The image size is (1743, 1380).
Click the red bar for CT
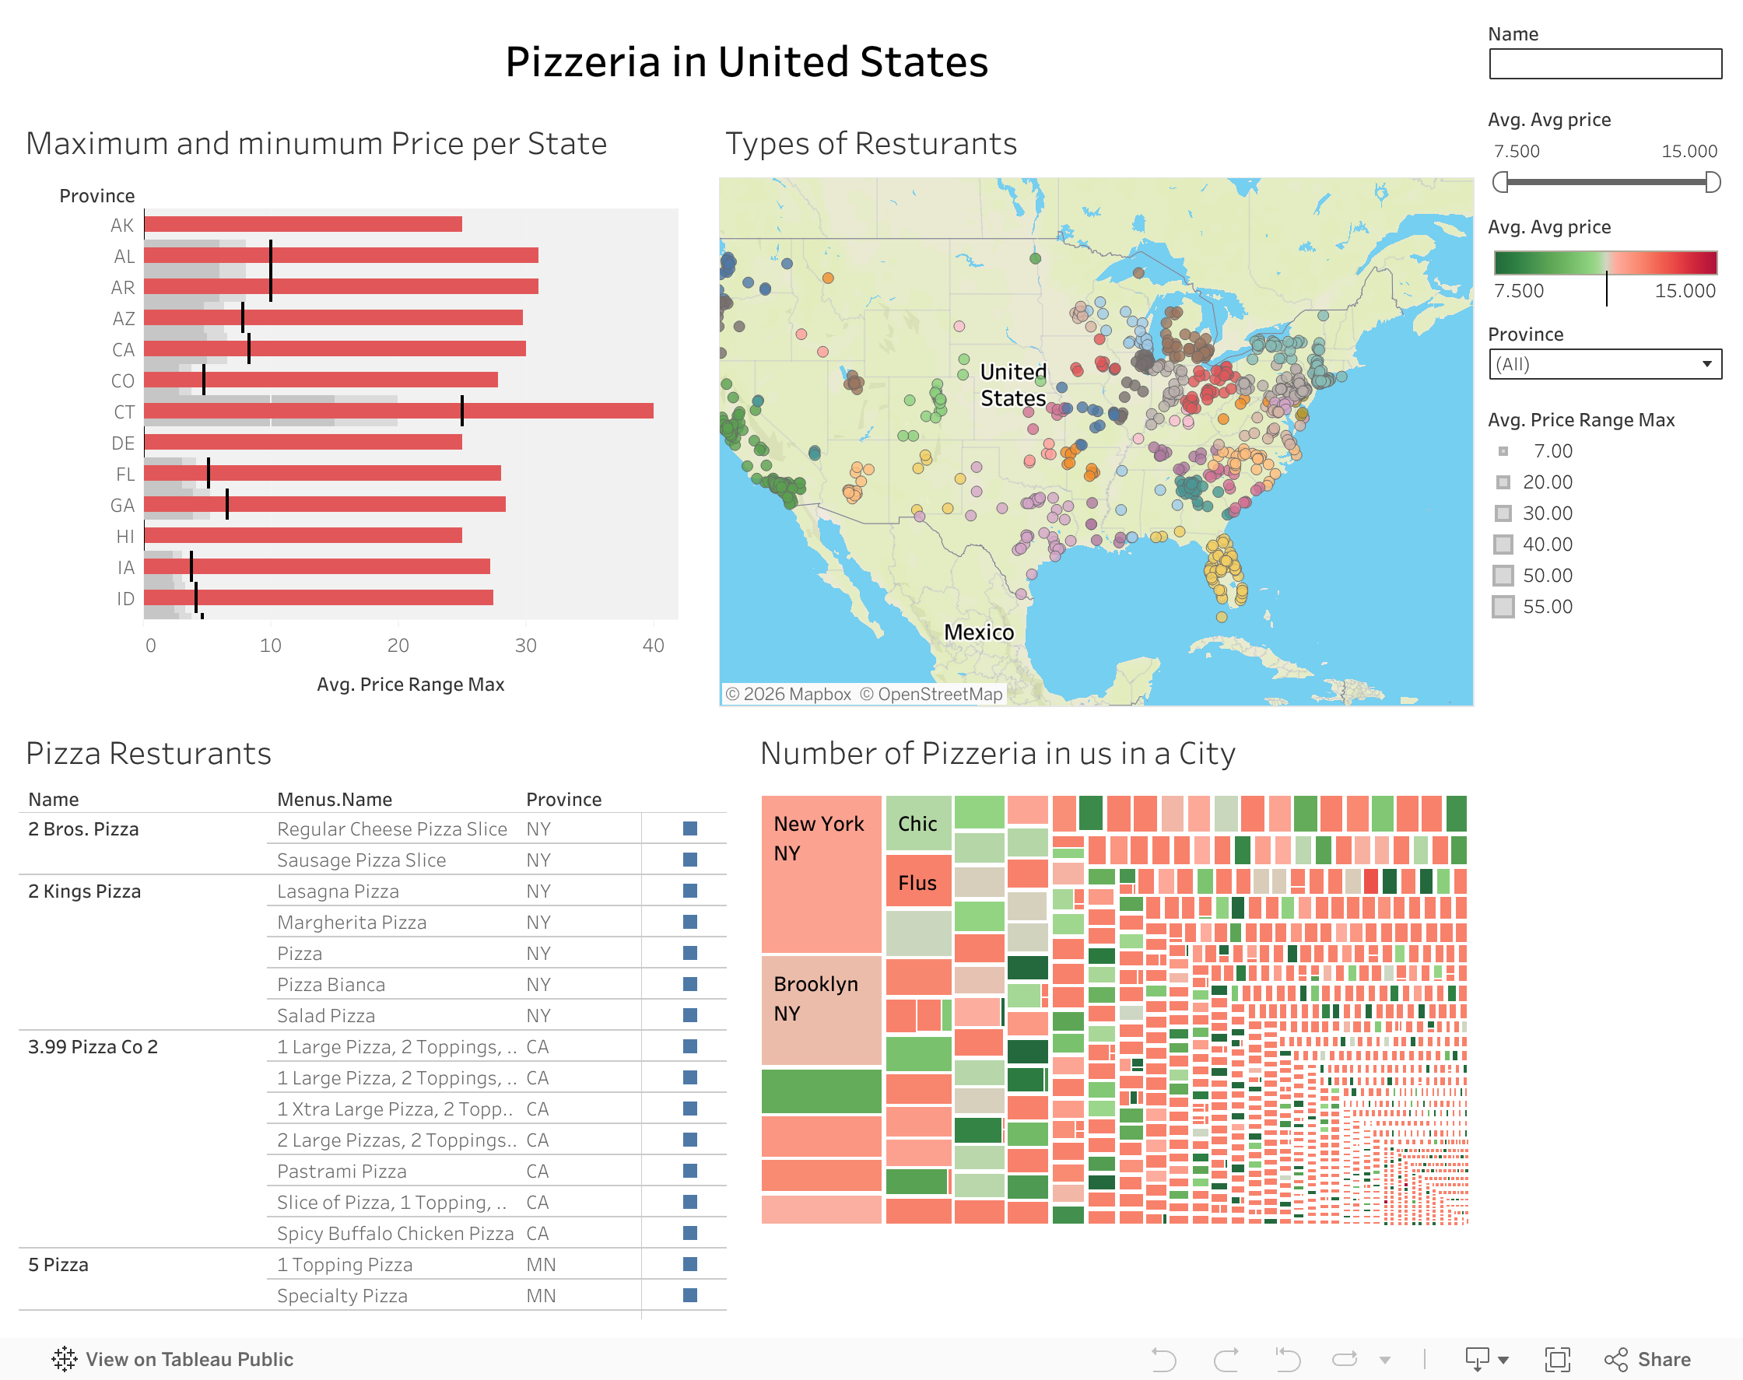[x=398, y=412]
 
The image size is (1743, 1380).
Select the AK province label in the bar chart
[x=122, y=226]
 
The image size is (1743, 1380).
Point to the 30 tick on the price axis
[x=525, y=645]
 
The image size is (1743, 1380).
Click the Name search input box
[x=1604, y=64]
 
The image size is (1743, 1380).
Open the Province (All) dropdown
[x=1604, y=363]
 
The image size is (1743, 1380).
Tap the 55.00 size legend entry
[x=1547, y=607]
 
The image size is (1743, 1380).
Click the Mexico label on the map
[x=979, y=632]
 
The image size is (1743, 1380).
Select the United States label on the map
[x=1012, y=384]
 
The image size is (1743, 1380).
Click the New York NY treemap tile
[x=820, y=874]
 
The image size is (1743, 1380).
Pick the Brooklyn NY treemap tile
[x=820, y=1009]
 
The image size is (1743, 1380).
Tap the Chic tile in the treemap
[x=918, y=823]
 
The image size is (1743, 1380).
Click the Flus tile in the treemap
[x=918, y=882]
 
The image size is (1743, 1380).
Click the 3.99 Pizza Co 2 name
[x=93, y=1047]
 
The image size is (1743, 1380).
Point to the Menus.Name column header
[x=335, y=799]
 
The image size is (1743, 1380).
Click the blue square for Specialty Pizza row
[x=690, y=1295]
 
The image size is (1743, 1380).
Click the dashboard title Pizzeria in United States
[x=747, y=61]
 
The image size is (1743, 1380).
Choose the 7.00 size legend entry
[x=1552, y=451]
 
